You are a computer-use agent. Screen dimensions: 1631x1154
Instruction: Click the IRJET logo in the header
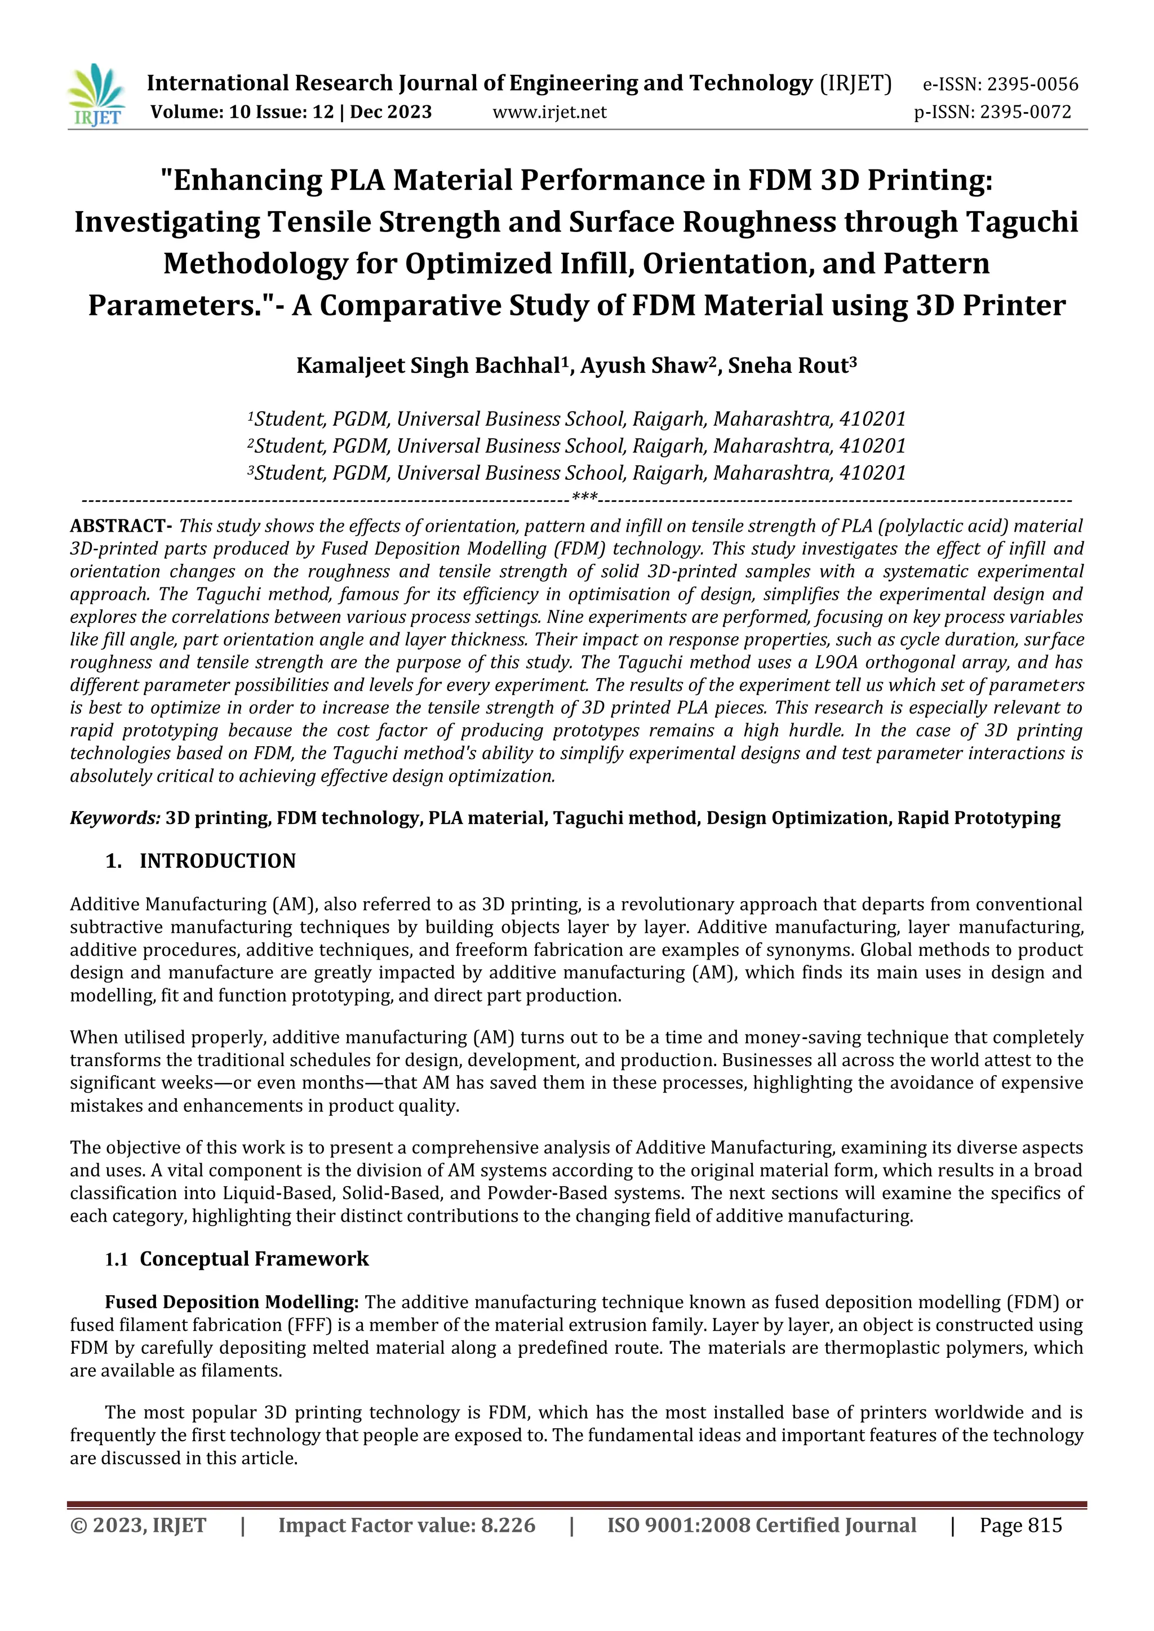click(96, 95)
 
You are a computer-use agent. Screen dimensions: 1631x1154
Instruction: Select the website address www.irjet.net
click(549, 112)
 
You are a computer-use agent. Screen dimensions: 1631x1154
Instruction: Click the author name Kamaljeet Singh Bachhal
click(428, 366)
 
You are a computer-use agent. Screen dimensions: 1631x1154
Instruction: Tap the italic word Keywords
click(114, 818)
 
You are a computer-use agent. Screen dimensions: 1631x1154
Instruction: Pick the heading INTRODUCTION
click(217, 861)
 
